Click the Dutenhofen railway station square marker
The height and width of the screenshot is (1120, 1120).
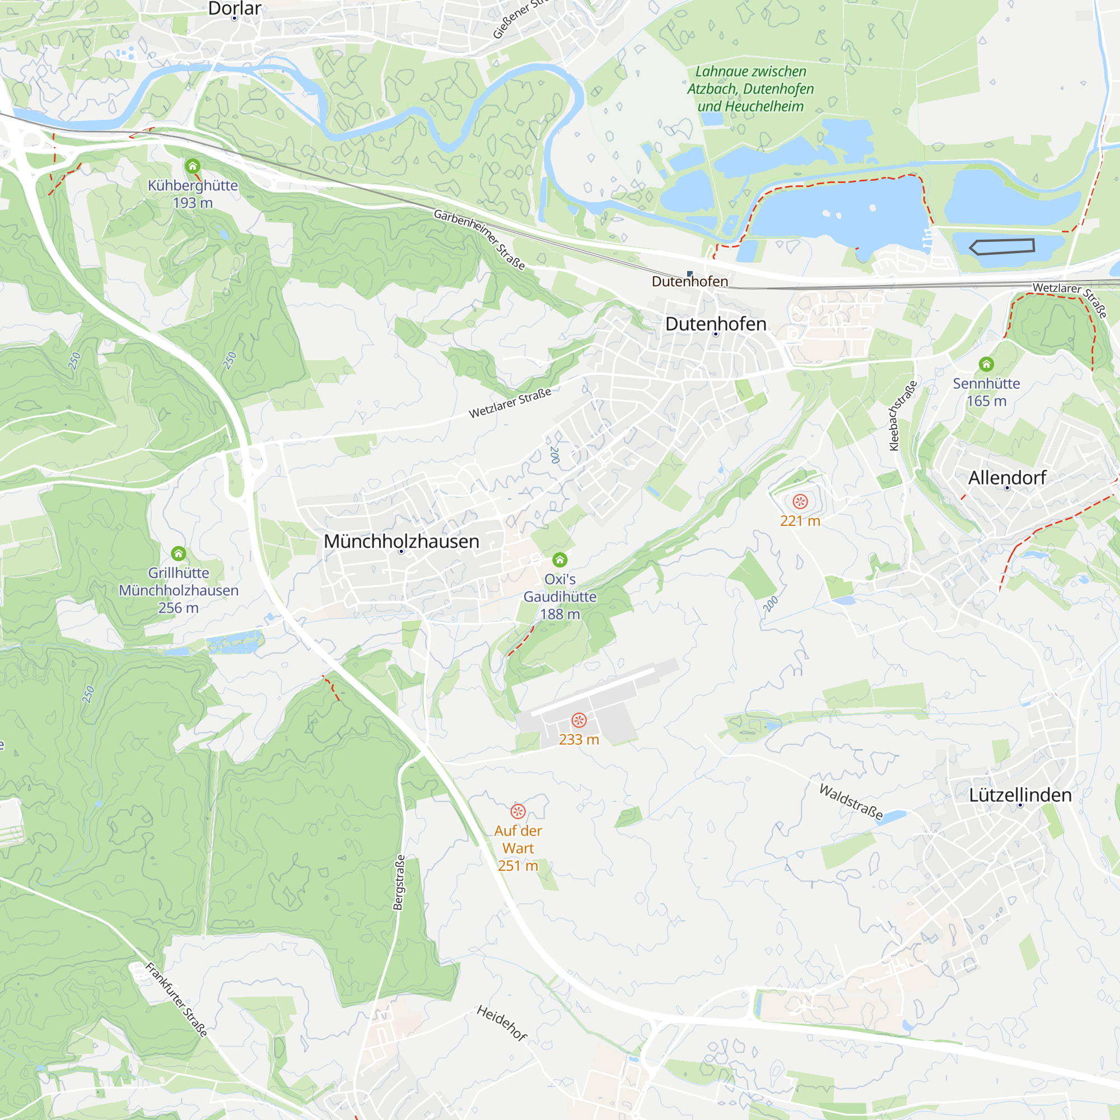pos(690,274)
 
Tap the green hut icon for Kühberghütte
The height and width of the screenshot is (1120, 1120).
pos(193,167)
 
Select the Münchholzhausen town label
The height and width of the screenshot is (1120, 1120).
pos(401,541)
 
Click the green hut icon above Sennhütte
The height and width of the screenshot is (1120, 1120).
pos(986,364)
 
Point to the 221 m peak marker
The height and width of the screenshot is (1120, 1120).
pos(800,501)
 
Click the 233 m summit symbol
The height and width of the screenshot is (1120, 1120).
pos(578,720)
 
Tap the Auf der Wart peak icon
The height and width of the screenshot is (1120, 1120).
pos(517,811)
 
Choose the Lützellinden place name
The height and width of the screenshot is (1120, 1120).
pos(1020,795)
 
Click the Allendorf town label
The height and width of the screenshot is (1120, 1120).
pos(1007,478)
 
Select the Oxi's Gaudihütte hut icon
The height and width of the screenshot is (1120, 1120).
pos(559,560)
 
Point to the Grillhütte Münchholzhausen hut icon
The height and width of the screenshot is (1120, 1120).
pos(179,554)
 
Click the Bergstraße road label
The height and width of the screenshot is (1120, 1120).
pos(399,883)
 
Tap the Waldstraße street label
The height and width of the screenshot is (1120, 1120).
pos(851,801)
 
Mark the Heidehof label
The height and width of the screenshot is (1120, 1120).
pos(501,1023)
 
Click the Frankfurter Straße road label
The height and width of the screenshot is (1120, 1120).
pos(176,1000)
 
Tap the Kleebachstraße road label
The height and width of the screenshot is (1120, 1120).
pos(903,416)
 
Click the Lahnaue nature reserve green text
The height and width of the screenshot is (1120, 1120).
pos(750,88)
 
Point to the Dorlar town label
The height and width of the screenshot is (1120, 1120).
pos(235,9)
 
